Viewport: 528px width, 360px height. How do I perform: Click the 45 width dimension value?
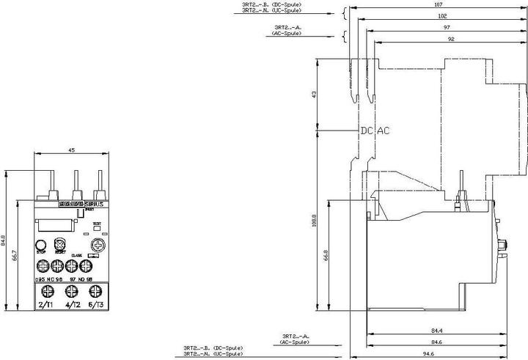(x=71, y=150)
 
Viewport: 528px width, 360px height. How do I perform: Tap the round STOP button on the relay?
(x=41, y=245)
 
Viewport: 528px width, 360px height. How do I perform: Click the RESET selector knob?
(x=60, y=243)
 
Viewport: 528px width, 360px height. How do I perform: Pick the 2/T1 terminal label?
(x=45, y=304)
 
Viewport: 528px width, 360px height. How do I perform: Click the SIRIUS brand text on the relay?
(x=93, y=203)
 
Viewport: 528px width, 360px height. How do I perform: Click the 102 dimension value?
(x=441, y=16)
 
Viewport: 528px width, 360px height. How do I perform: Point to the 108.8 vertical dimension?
(x=315, y=220)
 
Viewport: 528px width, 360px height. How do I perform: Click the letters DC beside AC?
(x=366, y=131)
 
